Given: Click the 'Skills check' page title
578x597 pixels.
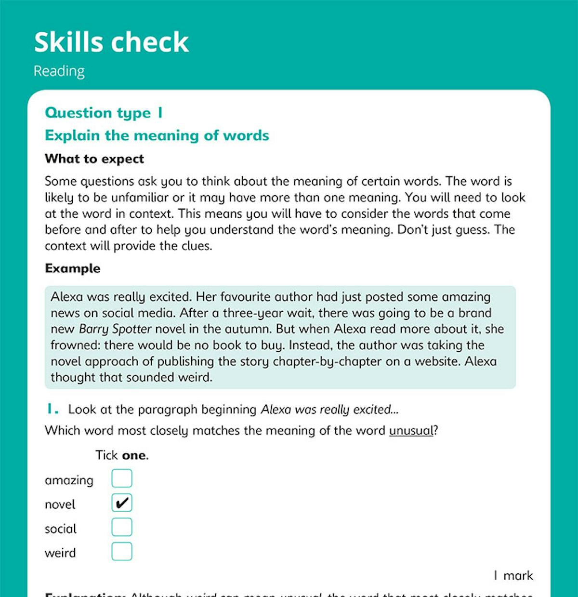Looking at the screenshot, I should (x=111, y=42).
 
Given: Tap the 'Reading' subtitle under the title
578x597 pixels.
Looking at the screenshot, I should (x=59, y=71).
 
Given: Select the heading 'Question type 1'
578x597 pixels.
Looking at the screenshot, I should (x=104, y=113).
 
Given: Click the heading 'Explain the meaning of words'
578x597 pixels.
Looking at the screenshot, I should (x=157, y=135).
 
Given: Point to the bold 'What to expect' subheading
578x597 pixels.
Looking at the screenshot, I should (x=94, y=159).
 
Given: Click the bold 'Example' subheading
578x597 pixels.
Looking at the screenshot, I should (x=72, y=268).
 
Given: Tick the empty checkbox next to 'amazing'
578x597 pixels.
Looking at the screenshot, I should (x=122, y=478).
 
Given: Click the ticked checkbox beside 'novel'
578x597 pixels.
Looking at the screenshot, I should (x=122, y=503).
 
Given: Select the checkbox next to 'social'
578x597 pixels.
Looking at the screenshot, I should (x=122, y=527).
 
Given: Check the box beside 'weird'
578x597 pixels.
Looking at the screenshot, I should (x=122, y=551).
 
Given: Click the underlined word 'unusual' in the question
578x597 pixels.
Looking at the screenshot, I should (x=411, y=430).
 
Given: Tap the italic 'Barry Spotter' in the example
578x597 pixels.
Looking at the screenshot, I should (x=115, y=329).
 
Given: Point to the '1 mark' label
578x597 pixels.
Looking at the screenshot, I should (x=513, y=576).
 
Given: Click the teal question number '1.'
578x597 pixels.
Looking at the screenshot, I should (x=53, y=410).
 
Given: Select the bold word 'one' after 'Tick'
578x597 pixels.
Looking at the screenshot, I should (x=134, y=455).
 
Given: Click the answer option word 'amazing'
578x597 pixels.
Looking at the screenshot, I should (x=69, y=480).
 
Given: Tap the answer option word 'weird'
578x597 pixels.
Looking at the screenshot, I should (x=60, y=553).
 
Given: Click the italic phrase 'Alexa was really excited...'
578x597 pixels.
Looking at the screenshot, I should (x=329, y=410).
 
